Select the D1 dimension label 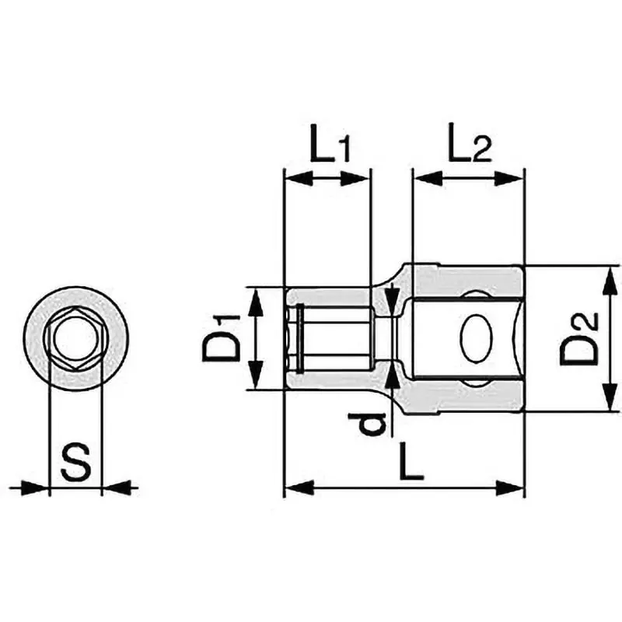(222, 338)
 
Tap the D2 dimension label (580, 338)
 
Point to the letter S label (76, 463)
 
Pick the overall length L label (410, 464)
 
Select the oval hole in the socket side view (476, 338)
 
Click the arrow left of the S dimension (36, 488)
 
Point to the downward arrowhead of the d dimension (392, 297)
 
